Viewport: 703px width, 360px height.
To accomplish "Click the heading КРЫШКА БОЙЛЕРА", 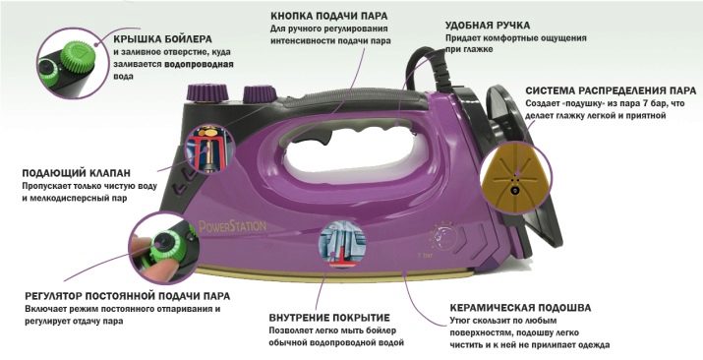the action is [x=163, y=39].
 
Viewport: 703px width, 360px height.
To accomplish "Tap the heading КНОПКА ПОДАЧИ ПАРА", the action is [x=329, y=16].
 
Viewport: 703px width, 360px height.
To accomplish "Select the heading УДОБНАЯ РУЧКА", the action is [x=488, y=26].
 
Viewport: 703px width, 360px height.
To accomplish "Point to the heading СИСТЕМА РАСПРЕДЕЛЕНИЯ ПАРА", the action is [x=611, y=91].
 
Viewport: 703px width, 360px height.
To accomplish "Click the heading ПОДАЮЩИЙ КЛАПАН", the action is [x=77, y=172].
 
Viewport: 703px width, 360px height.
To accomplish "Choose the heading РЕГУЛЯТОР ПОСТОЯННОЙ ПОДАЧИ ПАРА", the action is [x=128, y=296].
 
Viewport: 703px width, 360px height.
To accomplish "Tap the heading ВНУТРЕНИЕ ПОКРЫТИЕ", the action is [x=329, y=318].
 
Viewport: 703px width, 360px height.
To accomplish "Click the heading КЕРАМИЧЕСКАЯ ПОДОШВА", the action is [x=520, y=308].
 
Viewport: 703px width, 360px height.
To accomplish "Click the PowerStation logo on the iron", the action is [x=233, y=226].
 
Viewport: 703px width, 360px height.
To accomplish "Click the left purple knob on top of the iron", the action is [x=207, y=92].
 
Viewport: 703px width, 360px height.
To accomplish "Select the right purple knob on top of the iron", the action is [x=260, y=94].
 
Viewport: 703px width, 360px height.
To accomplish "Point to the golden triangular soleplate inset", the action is [x=515, y=178].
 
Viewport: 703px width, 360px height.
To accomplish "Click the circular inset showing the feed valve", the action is [x=209, y=149].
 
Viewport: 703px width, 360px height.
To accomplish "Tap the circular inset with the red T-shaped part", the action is [x=342, y=245].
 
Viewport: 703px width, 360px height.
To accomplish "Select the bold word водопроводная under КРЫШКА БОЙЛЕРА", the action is [x=199, y=64].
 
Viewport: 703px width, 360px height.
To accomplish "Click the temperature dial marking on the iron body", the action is [x=442, y=236].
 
